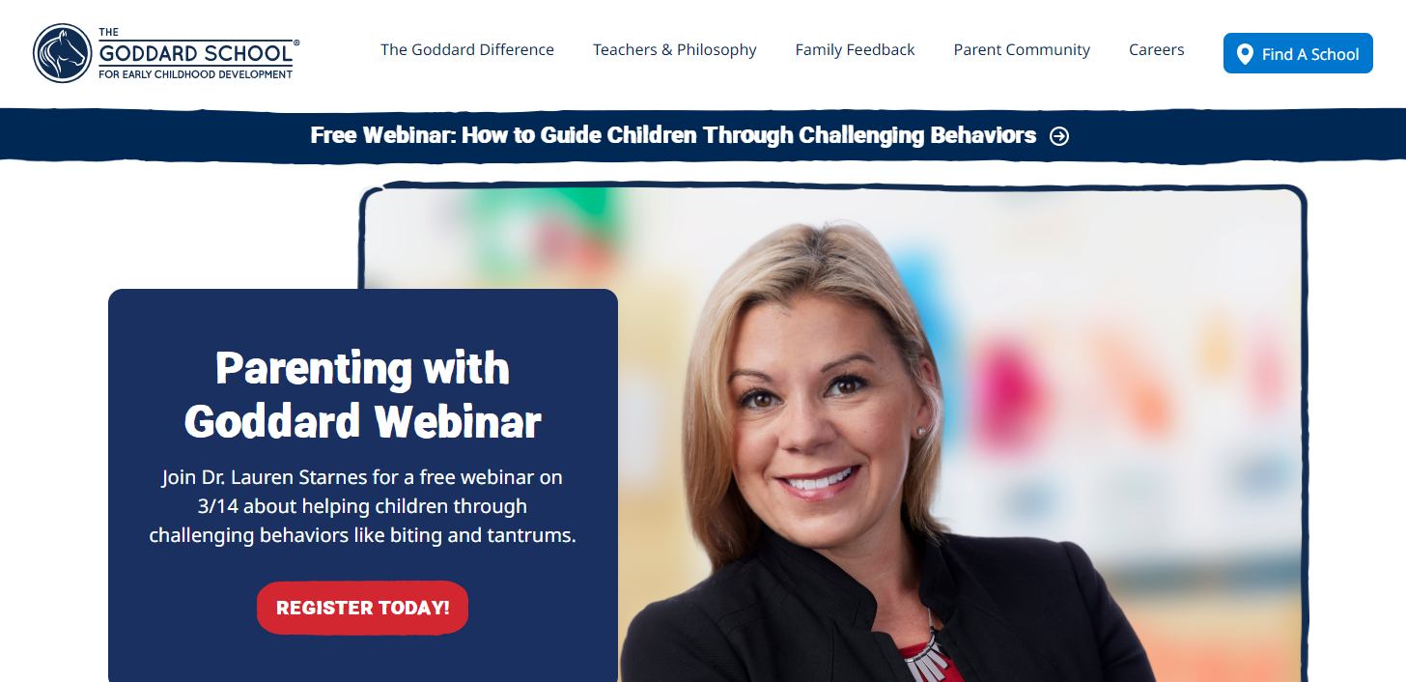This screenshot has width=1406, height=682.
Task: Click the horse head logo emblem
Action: click(62, 53)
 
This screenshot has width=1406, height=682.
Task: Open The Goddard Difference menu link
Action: click(467, 50)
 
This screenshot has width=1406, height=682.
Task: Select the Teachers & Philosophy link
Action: click(675, 50)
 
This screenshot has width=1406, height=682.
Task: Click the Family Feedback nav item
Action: click(855, 50)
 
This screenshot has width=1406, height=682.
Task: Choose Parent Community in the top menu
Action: click(1022, 50)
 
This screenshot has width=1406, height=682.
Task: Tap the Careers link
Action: click(1156, 50)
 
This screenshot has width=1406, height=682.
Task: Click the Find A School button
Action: click(1298, 54)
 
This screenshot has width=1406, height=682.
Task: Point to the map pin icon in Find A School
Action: click(1246, 54)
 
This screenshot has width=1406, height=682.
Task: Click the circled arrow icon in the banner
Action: click(1059, 136)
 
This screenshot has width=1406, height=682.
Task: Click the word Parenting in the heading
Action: click(309, 368)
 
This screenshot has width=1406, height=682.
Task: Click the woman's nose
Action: click(805, 428)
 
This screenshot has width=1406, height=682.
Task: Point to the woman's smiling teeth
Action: click(818, 480)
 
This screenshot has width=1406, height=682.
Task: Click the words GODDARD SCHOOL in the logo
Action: click(195, 54)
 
